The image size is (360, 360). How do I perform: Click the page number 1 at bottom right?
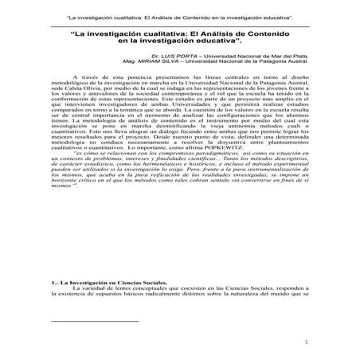tap(307, 343)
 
